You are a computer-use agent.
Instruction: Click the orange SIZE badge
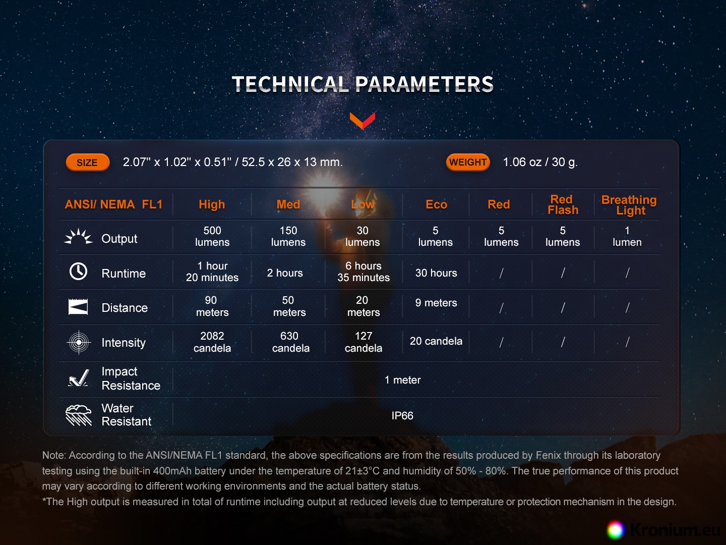(x=88, y=162)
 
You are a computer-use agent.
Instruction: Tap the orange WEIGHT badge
(x=468, y=162)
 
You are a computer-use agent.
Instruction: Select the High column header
(x=212, y=204)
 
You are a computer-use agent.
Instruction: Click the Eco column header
(x=436, y=204)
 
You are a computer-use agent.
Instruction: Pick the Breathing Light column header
(x=629, y=205)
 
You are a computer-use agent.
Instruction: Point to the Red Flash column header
(x=563, y=204)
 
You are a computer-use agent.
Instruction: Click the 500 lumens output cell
(x=212, y=236)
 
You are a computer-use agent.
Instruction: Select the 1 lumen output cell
(x=627, y=236)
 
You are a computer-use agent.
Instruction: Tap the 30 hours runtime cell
(x=436, y=272)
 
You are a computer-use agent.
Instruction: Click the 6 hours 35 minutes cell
(x=364, y=271)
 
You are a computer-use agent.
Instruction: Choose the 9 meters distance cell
(x=436, y=302)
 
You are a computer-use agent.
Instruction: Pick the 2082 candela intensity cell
(x=212, y=342)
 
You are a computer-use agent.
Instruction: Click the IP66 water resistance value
(x=402, y=416)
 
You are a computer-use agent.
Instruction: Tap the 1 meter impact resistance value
(x=402, y=380)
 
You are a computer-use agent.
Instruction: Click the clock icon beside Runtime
(x=78, y=271)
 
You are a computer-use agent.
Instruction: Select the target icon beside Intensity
(x=79, y=342)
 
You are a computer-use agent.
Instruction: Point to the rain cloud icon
(x=78, y=415)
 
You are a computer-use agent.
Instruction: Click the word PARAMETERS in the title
(x=424, y=84)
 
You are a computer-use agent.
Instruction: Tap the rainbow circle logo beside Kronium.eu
(x=616, y=530)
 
